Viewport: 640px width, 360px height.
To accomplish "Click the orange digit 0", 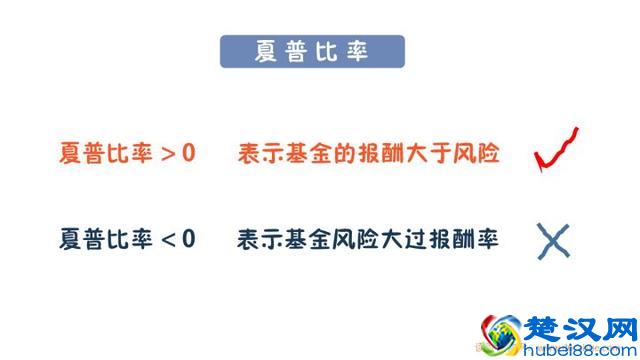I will [190, 155].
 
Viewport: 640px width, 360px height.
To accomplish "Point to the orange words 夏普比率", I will [106, 155].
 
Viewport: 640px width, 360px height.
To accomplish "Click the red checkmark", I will [557, 149].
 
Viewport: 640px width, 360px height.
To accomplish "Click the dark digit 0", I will [190, 241].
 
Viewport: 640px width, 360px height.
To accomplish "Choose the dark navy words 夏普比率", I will [106, 241].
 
